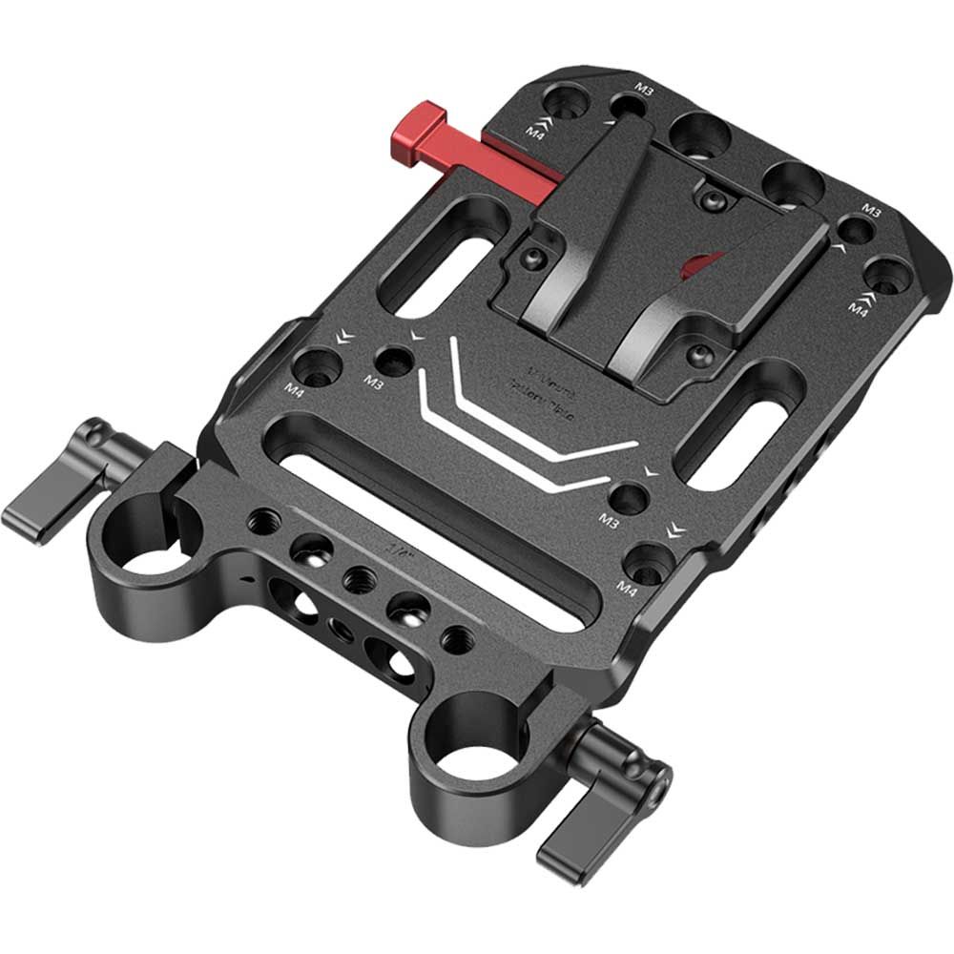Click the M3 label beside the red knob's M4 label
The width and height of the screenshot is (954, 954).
(x=645, y=90)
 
